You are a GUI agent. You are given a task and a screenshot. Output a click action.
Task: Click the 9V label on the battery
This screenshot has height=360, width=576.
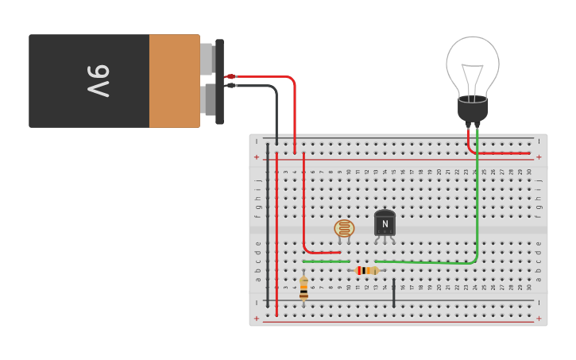(98, 81)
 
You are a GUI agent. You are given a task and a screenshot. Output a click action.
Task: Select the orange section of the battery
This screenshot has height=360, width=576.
(174, 81)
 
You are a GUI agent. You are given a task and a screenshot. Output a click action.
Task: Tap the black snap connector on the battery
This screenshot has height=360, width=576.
(219, 81)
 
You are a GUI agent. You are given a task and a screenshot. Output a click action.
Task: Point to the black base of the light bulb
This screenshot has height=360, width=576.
(473, 109)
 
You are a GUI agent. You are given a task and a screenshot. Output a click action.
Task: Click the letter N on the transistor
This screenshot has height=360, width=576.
(385, 224)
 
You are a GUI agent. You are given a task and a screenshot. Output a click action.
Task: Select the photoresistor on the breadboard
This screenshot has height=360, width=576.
(344, 229)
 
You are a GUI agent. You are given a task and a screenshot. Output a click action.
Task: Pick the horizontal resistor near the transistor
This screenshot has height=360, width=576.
(366, 270)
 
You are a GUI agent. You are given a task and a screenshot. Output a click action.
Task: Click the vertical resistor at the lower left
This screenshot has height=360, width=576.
(303, 288)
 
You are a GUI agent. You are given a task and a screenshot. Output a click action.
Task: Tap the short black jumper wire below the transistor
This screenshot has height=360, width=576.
(393, 292)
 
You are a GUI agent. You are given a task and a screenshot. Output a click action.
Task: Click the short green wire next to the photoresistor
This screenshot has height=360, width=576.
(326, 261)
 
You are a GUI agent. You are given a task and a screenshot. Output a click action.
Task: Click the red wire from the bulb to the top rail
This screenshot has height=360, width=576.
(501, 153)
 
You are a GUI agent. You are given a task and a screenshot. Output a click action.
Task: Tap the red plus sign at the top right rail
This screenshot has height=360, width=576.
(539, 157)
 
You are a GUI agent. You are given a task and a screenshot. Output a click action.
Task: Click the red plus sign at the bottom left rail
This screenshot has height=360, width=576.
(256, 315)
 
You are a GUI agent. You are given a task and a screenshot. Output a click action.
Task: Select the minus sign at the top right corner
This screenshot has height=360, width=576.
(539, 141)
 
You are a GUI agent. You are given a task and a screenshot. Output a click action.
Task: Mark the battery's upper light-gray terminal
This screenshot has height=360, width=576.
(207, 59)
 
